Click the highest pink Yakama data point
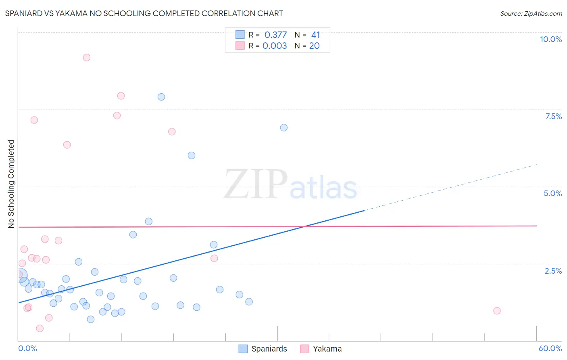click(x=87, y=57)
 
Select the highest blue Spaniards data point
click(x=161, y=97)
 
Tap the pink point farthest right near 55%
click(x=497, y=311)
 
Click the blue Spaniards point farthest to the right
click(x=284, y=128)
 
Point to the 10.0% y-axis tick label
click(x=550, y=39)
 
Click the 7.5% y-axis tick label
click(x=553, y=116)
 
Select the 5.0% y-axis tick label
click(x=552, y=193)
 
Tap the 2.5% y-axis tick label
click(x=553, y=271)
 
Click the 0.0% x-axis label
click(x=27, y=348)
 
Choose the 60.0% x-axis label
click(x=550, y=348)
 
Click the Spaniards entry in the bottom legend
click(x=269, y=349)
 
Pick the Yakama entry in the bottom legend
click(x=327, y=349)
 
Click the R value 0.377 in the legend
click(x=275, y=35)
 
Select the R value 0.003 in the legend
click(x=275, y=46)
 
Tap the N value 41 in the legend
click(x=315, y=35)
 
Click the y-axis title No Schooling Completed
click(x=11, y=184)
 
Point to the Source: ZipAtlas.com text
click(x=531, y=13)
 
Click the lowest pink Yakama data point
click(x=40, y=329)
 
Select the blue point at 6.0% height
click(x=192, y=155)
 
